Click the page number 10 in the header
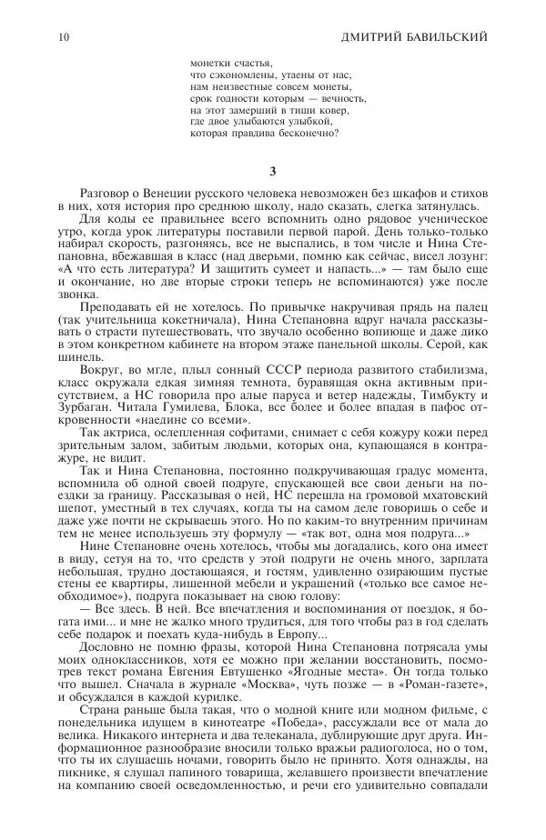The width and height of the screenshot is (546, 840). click(x=61, y=36)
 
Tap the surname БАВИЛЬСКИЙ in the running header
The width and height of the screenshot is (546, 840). click(x=446, y=36)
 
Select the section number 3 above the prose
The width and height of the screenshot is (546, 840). click(x=273, y=172)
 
